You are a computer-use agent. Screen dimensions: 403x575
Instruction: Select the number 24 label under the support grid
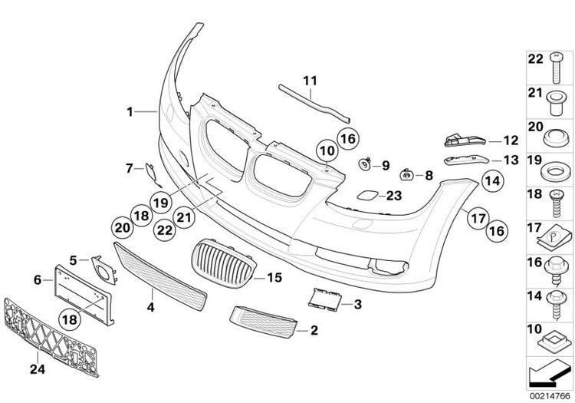click(x=36, y=369)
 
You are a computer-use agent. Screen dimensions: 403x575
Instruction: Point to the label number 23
click(x=393, y=196)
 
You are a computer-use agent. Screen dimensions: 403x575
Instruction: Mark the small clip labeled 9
click(x=366, y=164)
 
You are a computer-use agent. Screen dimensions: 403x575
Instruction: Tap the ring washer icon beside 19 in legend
click(x=553, y=163)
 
